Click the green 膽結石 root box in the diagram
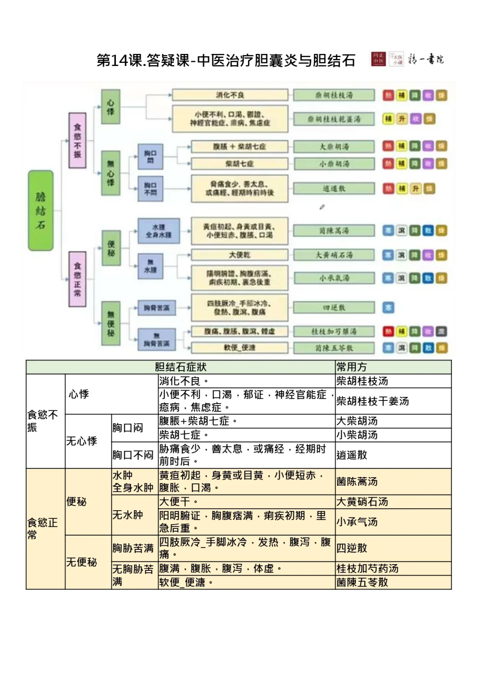coord(41,210)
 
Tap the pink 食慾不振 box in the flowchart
coord(77,140)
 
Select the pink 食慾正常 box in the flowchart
coord(77,279)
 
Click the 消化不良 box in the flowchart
coord(230,95)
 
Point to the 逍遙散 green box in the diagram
coord(334,189)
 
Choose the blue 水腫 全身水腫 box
coord(159,231)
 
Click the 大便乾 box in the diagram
coord(240,255)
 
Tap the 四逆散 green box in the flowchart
coord(334,307)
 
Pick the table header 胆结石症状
coord(180,367)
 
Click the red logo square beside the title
coord(379,59)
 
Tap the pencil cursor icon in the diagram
coord(322,207)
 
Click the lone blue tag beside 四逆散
coord(388,307)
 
